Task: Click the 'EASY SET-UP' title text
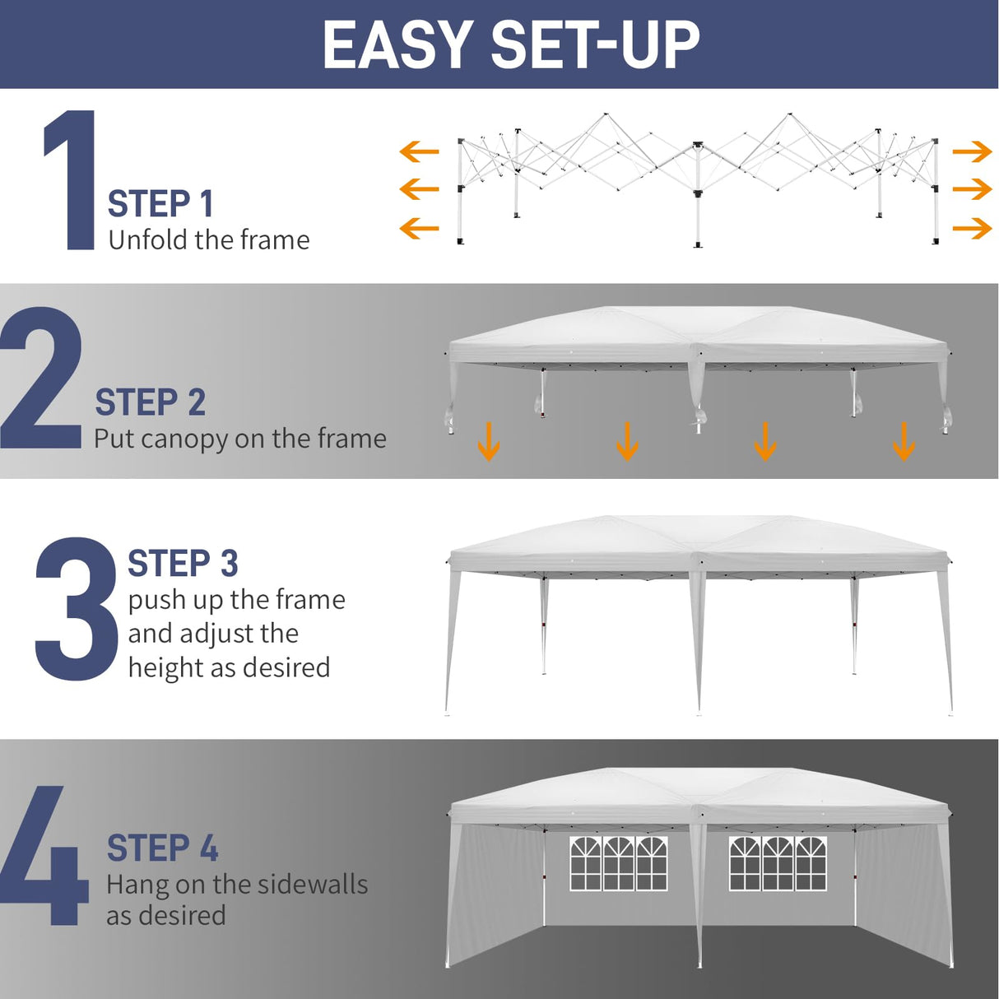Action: pos(510,44)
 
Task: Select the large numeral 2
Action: pos(41,379)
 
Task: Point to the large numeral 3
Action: pos(76,609)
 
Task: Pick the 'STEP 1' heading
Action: pos(160,204)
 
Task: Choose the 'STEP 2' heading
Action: pos(150,403)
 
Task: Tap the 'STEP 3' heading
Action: pos(183,565)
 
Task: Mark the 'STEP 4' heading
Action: pos(162,848)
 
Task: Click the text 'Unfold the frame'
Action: pos(209,240)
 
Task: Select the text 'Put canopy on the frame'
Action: pos(239,439)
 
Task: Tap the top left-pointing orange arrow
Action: pos(419,151)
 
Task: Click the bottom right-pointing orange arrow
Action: pos(972,228)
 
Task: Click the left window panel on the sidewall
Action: pos(618,863)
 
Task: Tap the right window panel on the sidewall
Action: pos(778,863)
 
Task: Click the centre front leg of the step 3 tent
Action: pos(699,642)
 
